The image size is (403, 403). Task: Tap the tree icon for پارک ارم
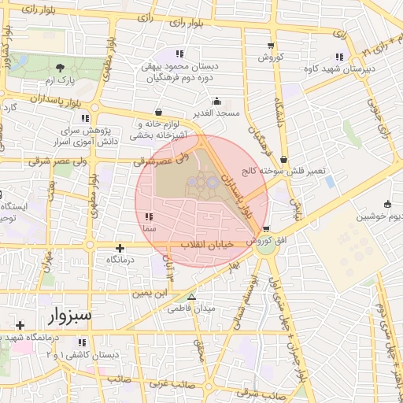[61, 68]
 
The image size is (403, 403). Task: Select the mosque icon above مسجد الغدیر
[217, 102]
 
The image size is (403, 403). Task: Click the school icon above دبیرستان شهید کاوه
[339, 57]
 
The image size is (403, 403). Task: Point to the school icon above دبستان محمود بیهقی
[179, 54]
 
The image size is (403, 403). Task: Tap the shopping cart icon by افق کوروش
[253, 229]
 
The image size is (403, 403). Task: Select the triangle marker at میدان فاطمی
[190, 297]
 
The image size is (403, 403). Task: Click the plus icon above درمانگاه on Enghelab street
[119, 247]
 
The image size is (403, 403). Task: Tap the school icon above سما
[149, 216]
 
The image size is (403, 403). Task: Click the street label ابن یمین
[150, 293]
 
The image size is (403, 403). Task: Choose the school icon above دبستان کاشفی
[82, 342]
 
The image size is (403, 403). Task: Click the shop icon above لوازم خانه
[160, 112]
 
